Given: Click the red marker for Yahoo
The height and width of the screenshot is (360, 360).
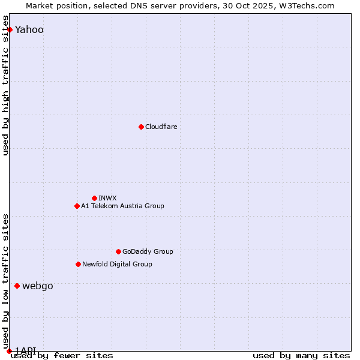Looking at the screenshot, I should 10,29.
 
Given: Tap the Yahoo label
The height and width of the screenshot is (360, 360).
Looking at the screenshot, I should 29,30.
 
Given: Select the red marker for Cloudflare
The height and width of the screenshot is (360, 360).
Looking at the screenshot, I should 141,127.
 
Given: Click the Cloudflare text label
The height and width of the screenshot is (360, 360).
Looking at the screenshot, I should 161,127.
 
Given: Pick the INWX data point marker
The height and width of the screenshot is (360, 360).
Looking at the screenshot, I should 94,198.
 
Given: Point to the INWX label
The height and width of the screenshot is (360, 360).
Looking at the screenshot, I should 107,198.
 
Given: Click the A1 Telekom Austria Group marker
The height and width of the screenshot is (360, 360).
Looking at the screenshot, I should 77,206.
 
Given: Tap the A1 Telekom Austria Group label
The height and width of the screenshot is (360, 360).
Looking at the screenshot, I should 122,206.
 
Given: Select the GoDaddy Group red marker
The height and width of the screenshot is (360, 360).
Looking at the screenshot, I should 118,251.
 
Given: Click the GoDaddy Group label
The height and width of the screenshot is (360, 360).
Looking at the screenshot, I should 148,251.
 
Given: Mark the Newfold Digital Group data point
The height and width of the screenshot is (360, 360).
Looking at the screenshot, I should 78,264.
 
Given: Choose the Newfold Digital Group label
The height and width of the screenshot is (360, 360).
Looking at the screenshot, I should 117,264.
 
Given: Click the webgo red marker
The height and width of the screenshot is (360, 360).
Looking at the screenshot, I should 17,286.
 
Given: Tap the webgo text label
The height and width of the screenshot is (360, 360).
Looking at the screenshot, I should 37,286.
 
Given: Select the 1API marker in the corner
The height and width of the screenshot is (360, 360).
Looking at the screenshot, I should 9,351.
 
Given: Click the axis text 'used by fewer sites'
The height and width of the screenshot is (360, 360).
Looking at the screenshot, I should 62,356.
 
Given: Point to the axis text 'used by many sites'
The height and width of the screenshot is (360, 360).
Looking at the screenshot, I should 301,356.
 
